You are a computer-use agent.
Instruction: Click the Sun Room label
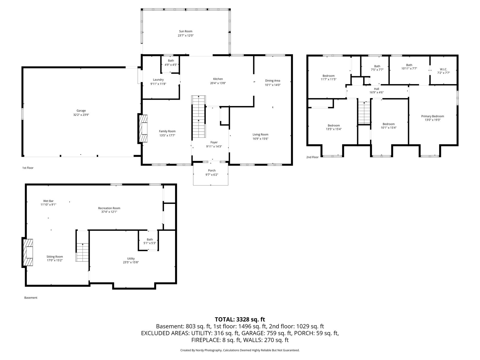[186, 31]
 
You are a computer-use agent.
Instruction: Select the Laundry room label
[158, 80]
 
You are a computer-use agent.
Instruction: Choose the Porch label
[212, 171]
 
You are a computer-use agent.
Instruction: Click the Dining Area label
[273, 81]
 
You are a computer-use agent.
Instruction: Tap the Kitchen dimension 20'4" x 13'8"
[218, 83]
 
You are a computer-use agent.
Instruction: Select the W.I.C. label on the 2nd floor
[444, 69]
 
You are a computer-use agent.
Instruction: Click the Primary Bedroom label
[433, 116]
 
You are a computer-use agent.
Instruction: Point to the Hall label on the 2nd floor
[376, 89]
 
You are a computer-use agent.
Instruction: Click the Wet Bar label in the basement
[49, 201]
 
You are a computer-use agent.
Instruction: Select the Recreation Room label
[109, 208]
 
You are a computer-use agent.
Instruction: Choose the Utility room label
[131, 259]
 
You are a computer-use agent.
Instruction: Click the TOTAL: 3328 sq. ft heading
[240, 319]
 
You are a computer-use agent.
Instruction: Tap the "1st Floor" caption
[28, 168]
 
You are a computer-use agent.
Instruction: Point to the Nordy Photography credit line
[240, 350]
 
